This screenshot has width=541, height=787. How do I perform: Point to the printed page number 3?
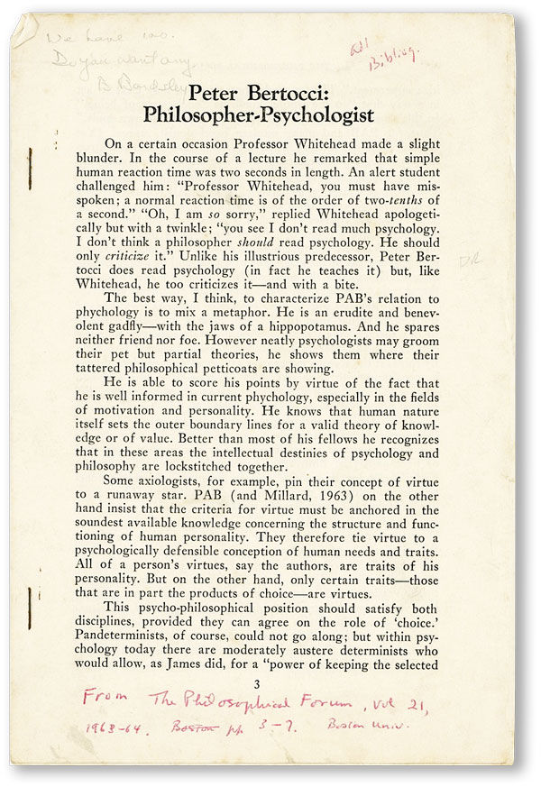pos(259,683)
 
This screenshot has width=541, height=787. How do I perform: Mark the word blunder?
pos(133,164)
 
